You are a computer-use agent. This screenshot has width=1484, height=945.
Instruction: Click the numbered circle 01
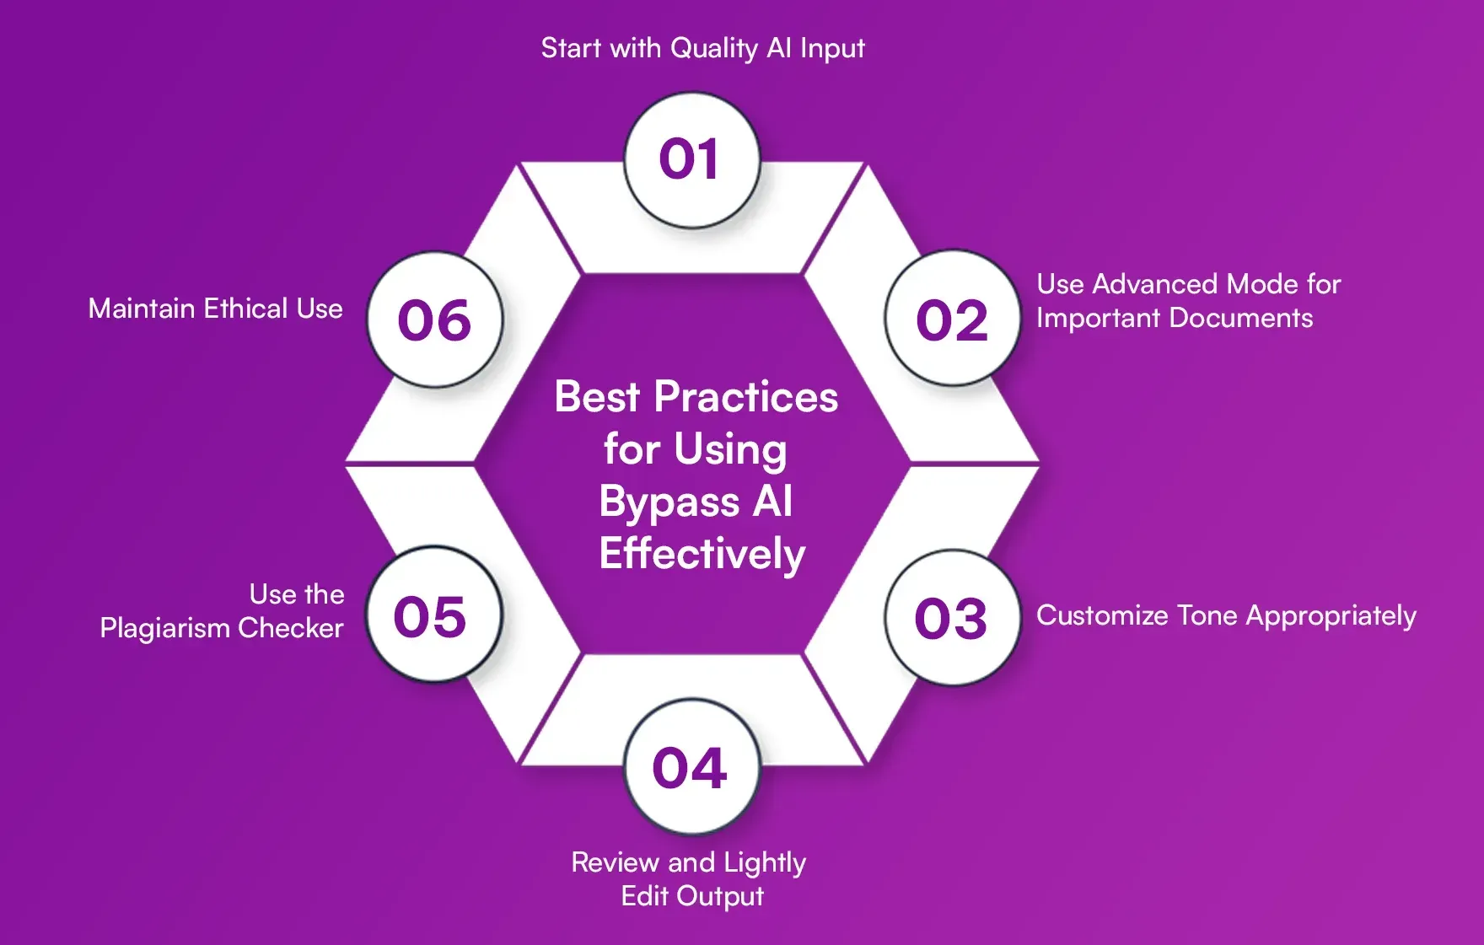pyautogui.click(x=691, y=160)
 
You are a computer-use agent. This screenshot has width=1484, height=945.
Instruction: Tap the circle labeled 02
pyautogui.click(x=952, y=319)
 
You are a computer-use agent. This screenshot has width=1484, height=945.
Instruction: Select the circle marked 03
pyautogui.click(x=952, y=618)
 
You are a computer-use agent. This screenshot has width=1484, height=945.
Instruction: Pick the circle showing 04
pyautogui.click(x=691, y=767)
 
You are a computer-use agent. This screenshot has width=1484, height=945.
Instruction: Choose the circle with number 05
pyautogui.click(x=433, y=615)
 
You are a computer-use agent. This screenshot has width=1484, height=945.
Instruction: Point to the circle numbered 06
pyautogui.click(x=435, y=319)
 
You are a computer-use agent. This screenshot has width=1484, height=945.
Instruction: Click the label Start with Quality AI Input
pyautogui.click(x=702, y=48)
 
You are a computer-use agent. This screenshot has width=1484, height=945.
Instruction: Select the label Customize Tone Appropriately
pyautogui.click(x=1226, y=615)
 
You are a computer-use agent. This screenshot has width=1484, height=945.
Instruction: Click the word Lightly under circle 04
pyautogui.click(x=765, y=863)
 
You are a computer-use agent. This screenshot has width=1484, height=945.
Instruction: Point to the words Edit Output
pyautogui.click(x=692, y=896)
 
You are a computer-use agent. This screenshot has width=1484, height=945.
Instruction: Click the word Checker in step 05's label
pyautogui.click(x=291, y=628)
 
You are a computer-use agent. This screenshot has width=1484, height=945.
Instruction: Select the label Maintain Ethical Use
pyautogui.click(x=215, y=309)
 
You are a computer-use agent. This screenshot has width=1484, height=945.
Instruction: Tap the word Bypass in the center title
pyautogui.click(x=669, y=502)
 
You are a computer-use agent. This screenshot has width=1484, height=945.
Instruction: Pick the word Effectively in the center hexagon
pyautogui.click(x=702, y=554)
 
